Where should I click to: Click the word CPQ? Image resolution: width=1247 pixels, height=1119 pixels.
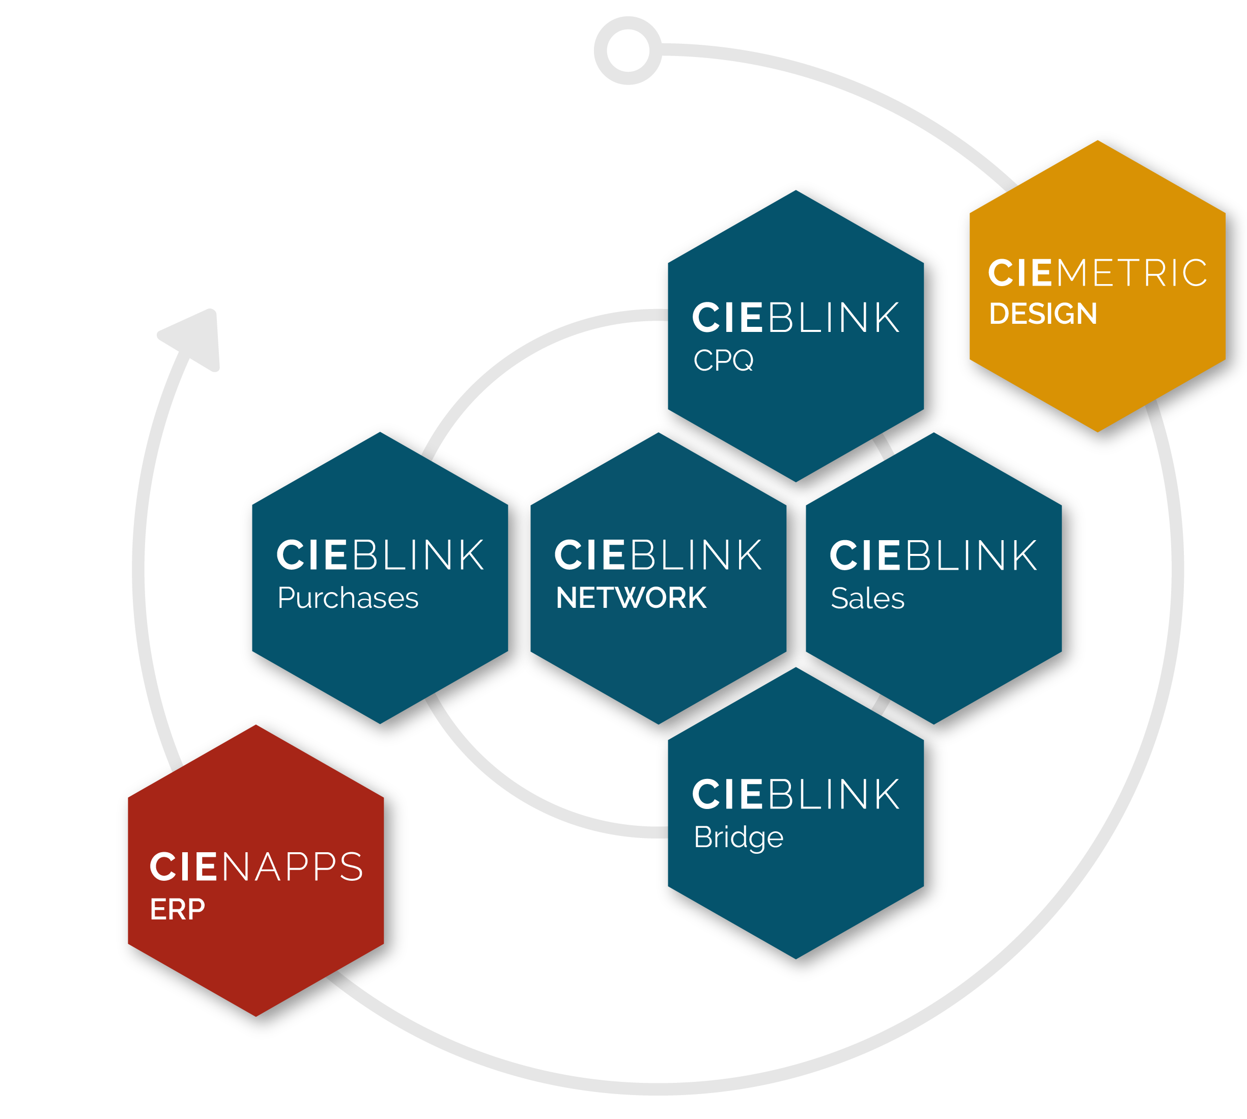click(723, 359)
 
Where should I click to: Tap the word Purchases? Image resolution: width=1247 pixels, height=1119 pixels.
click(348, 598)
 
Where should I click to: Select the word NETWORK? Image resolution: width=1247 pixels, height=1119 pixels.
click(631, 598)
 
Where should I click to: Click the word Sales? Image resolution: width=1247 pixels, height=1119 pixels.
click(867, 598)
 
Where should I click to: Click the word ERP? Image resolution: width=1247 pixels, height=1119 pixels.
click(178, 909)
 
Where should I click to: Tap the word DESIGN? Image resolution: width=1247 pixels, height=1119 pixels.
click(1043, 314)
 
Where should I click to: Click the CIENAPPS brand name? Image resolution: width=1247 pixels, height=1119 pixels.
click(257, 867)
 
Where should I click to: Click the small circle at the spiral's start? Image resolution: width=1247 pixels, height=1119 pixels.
click(628, 50)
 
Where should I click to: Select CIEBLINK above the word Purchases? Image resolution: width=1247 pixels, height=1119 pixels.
click(380, 555)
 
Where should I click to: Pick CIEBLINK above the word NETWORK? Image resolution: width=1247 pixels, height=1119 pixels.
click(658, 555)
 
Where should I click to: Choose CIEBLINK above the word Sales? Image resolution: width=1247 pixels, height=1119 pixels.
click(933, 556)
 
